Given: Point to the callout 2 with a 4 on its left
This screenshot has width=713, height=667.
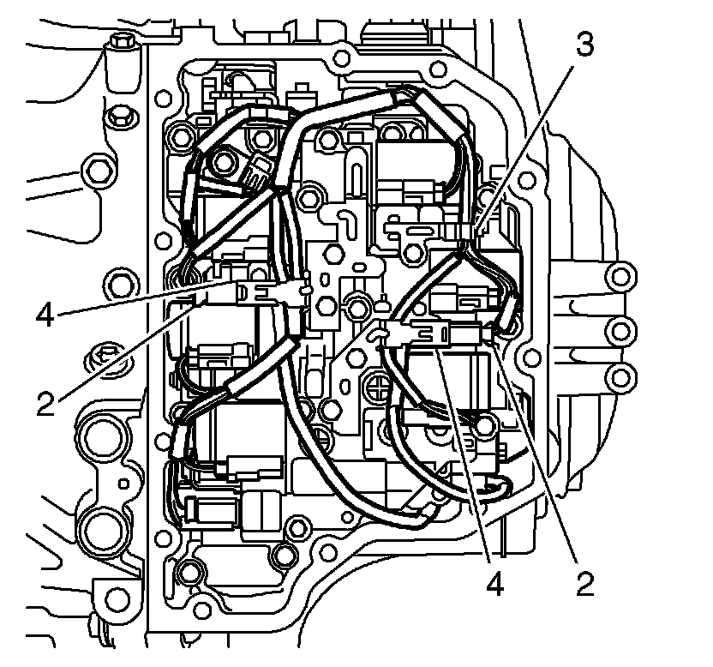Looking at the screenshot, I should pyautogui.click(x=584, y=586).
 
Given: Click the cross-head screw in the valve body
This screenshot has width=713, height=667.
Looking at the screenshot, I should pyautogui.click(x=379, y=388).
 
